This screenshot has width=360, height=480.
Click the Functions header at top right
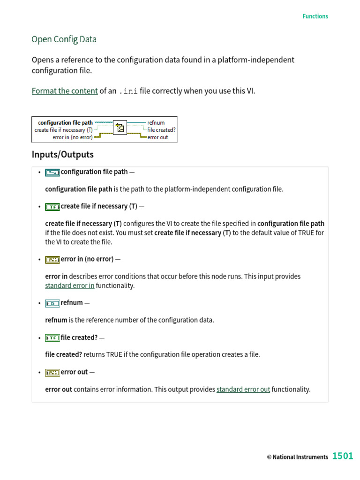(x=315, y=16)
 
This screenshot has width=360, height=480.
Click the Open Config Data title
(x=64, y=39)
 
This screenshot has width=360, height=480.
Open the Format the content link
(x=65, y=91)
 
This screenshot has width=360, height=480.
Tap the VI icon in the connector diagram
(x=120, y=127)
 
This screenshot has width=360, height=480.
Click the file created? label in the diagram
(x=161, y=130)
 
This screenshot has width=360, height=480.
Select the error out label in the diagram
(x=157, y=137)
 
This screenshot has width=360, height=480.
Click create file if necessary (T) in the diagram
(x=63, y=130)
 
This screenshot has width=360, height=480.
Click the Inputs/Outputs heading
(x=62, y=155)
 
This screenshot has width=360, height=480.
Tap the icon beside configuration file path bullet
(x=52, y=172)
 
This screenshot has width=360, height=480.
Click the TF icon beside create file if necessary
(x=52, y=207)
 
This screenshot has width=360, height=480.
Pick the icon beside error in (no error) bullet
(x=52, y=259)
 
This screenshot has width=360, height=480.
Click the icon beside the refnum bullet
(x=52, y=303)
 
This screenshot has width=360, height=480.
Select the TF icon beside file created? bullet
(x=52, y=337)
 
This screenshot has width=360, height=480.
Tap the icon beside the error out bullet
(x=52, y=372)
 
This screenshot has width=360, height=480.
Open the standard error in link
(x=69, y=286)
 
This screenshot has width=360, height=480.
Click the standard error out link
(x=243, y=390)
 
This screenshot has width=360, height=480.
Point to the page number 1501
(x=343, y=456)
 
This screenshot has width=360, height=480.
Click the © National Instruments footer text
(x=297, y=457)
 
